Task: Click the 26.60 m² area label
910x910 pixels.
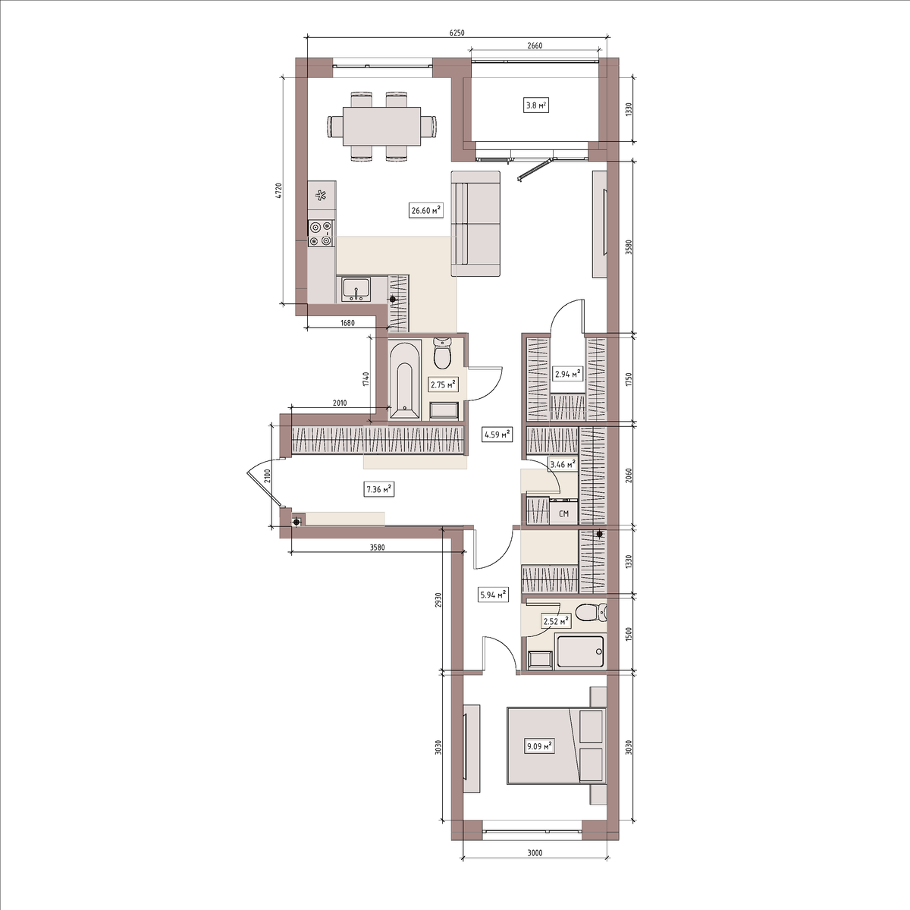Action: tap(425, 210)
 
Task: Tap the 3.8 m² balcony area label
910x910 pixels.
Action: tap(536, 105)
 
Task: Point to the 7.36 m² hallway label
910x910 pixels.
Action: tap(379, 489)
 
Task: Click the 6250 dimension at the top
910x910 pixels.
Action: tap(457, 33)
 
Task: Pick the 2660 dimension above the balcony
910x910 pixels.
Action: tap(535, 45)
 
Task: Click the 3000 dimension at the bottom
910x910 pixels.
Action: tap(535, 853)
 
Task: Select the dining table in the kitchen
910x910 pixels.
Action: tap(381, 127)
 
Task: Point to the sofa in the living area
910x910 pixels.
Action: tap(475, 224)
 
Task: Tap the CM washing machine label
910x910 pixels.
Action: tap(563, 514)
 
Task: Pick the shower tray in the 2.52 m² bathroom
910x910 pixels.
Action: tap(580, 652)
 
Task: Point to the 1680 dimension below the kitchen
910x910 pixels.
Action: tap(347, 323)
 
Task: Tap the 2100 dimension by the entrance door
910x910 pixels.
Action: tap(266, 475)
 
